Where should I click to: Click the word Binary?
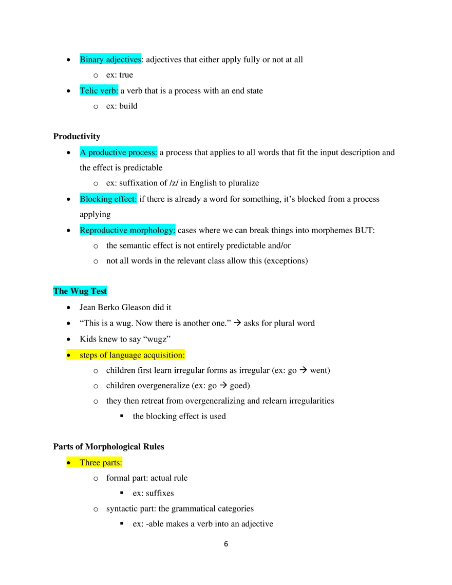pos(91,60)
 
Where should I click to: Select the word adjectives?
pos(123,60)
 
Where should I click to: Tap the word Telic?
pos(89,91)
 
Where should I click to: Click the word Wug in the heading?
pos(79,291)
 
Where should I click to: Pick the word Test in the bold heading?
pos(99,291)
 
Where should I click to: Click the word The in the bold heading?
pos(61,291)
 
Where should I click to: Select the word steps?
pos(88,355)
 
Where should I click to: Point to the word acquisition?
pos(164,355)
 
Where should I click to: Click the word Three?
pos(90,463)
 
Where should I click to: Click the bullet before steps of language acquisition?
pos(68,355)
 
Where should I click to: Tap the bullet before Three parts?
pos(68,463)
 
